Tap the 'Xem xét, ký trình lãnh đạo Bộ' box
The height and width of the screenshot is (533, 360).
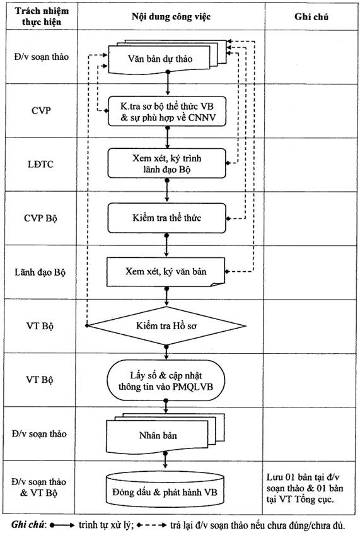[x=166, y=163]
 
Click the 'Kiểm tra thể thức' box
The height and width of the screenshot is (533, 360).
[x=166, y=218]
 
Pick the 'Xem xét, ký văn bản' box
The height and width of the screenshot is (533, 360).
[x=166, y=272]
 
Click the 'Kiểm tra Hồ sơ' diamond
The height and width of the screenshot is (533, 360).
[x=166, y=325]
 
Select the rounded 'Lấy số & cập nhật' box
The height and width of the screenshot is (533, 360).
[x=166, y=380]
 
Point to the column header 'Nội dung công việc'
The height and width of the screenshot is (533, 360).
[x=171, y=16]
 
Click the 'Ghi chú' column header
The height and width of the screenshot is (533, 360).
[x=311, y=16]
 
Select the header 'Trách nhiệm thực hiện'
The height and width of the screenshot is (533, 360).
[x=42, y=16]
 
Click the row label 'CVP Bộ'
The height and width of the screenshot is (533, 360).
[x=40, y=218]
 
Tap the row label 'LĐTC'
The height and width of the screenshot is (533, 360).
[x=41, y=165]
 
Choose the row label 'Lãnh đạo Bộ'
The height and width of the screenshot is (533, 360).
[x=40, y=272]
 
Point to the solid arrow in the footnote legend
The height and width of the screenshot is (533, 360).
[x=62, y=525]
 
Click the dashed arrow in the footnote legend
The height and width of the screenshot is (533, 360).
[x=151, y=525]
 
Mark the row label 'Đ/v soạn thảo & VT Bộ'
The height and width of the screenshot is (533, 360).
[x=38, y=487]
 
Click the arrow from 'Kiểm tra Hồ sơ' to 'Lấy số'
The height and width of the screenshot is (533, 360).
[x=166, y=353]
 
